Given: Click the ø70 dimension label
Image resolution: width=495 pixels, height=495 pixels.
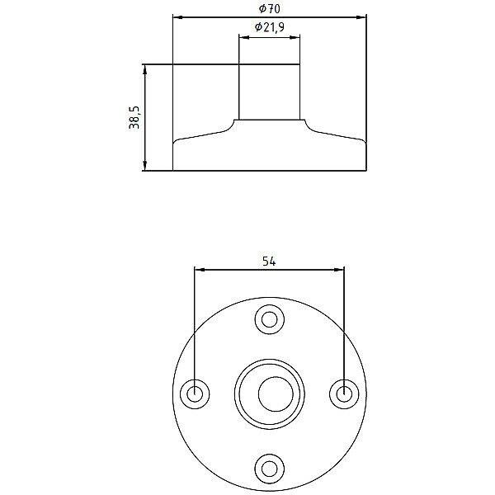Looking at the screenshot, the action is [269, 8].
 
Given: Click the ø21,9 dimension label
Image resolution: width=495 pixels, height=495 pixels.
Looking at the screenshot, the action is [269, 27].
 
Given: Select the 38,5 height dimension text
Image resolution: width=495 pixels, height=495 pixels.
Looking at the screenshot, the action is [134, 117].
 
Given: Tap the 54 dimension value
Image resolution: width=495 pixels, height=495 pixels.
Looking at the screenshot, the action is [269, 262].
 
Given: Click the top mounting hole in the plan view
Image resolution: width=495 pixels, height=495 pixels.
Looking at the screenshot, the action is [269, 319].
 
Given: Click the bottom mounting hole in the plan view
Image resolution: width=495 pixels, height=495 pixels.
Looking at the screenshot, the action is [269, 469].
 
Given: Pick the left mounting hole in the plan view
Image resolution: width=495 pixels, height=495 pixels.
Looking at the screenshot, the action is [195, 394].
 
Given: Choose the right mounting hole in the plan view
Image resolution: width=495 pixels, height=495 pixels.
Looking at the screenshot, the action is [344, 394].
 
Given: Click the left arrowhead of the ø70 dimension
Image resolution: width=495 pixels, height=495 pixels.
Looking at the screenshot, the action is [178, 17].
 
